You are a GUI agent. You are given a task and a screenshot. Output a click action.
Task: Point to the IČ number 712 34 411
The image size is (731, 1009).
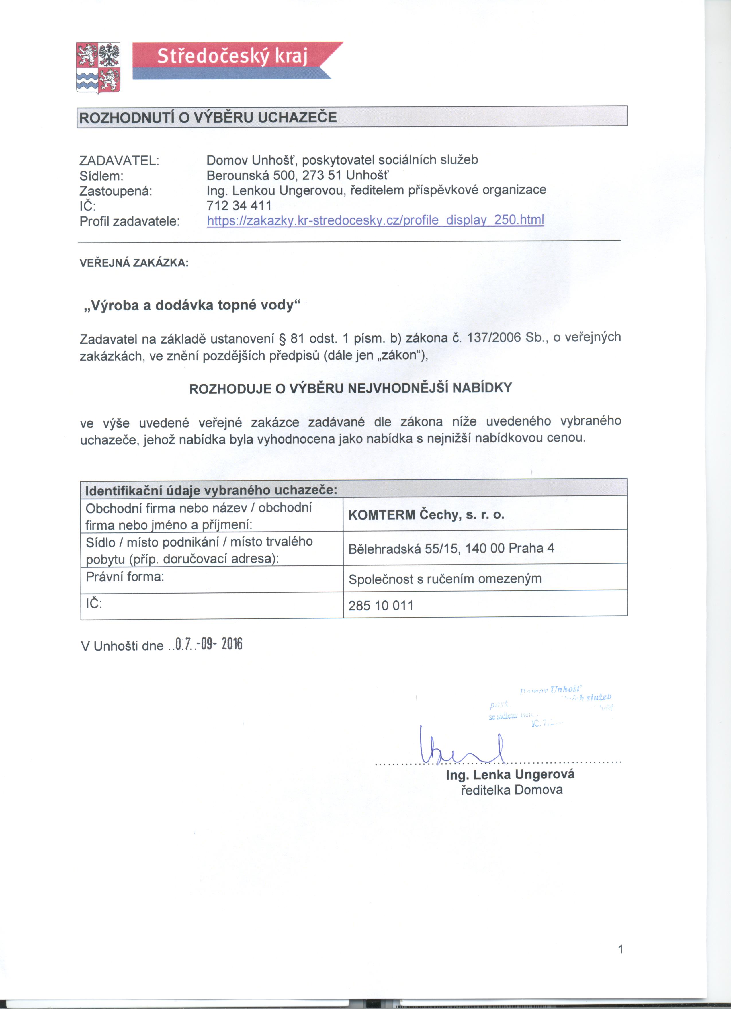click(x=239, y=206)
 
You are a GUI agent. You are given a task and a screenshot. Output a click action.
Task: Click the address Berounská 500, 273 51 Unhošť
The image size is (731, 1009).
click(x=298, y=175)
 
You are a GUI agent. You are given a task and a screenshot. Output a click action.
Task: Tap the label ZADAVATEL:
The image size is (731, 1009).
click(x=119, y=160)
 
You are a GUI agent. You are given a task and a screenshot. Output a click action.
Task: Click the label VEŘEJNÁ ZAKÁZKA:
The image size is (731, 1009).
click(x=134, y=263)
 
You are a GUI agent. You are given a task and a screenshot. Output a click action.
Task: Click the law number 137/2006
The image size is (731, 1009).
click(x=494, y=338)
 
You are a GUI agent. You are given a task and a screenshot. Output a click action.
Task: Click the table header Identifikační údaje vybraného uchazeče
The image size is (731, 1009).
click(x=211, y=490)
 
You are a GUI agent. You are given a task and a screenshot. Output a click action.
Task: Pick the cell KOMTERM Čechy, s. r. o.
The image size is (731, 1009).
click(x=426, y=515)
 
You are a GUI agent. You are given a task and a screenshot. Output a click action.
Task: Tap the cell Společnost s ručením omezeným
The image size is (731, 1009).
click(x=445, y=579)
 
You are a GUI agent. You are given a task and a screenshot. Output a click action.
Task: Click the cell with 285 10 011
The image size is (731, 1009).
click(x=381, y=606)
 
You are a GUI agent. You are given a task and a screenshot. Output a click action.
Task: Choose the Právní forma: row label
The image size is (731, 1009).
click(x=125, y=577)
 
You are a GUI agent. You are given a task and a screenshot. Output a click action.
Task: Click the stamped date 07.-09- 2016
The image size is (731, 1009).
click(x=209, y=644)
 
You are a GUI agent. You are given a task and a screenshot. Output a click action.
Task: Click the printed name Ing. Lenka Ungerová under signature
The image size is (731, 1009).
click(x=510, y=774)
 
